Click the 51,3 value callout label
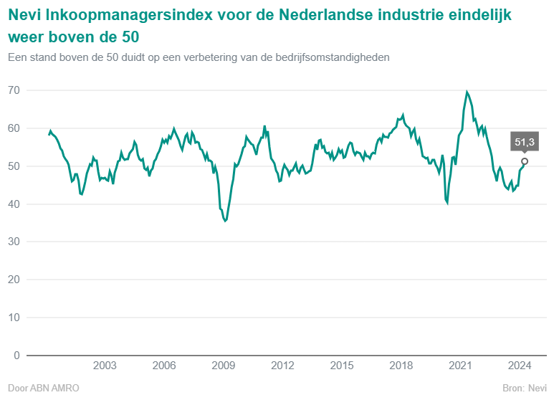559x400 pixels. pyautogui.click(x=525, y=142)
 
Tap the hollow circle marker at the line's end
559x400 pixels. pyautogui.click(x=525, y=161)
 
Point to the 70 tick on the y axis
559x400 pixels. pyautogui.click(x=14, y=90)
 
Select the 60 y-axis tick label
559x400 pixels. pyautogui.click(x=14, y=128)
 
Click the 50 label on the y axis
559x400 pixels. pyautogui.click(x=14, y=166)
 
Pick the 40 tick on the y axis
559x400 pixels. pyautogui.click(x=14, y=204)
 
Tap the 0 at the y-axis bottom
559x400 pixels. pyautogui.click(x=16, y=356)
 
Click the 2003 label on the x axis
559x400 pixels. pyautogui.click(x=105, y=366)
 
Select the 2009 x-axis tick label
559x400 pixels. pyautogui.click(x=224, y=366)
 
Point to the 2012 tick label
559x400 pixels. pyautogui.click(x=283, y=366)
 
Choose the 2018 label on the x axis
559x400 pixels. pyautogui.click(x=401, y=366)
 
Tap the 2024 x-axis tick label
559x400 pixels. pyautogui.click(x=520, y=366)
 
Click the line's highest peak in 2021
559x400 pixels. pyautogui.click(x=467, y=92)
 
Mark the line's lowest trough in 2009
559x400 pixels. pyautogui.click(x=225, y=221)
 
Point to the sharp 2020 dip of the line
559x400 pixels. pyautogui.click(x=447, y=204)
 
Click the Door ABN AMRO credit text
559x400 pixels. pyautogui.click(x=43, y=388)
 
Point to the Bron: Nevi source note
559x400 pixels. pyautogui.click(x=525, y=388)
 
